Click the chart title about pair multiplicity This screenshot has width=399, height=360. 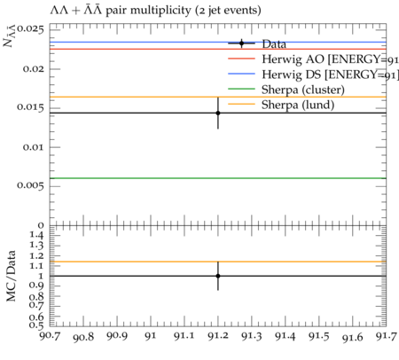click(x=155, y=11)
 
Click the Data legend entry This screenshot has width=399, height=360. click(x=257, y=43)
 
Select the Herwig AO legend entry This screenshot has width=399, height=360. click(x=313, y=59)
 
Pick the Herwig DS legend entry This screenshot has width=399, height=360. click(x=313, y=74)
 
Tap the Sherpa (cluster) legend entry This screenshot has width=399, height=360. click(x=286, y=90)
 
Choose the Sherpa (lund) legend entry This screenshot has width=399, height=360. click(x=281, y=105)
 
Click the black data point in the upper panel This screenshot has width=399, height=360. click(x=218, y=113)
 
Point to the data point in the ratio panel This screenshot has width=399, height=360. click(x=218, y=276)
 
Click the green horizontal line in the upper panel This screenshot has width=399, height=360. click(x=218, y=178)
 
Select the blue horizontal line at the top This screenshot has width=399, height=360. click(x=218, y=42)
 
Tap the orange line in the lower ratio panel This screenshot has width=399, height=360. click(x=218, y=262)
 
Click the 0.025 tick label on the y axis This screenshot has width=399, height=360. click(x=30, y=29)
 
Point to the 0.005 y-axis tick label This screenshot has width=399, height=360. click(x=30, y=185)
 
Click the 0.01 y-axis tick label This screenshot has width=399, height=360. click(x=34, y=147)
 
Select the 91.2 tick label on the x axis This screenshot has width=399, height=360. click(x=218, y=336)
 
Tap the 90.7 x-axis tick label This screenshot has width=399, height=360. click(x=51, y=336)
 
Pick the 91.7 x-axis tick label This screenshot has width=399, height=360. click(x=387, y=336)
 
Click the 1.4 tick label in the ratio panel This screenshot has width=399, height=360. click(x=36, y=235)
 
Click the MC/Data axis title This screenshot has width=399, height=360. click(x=12, y=276)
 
